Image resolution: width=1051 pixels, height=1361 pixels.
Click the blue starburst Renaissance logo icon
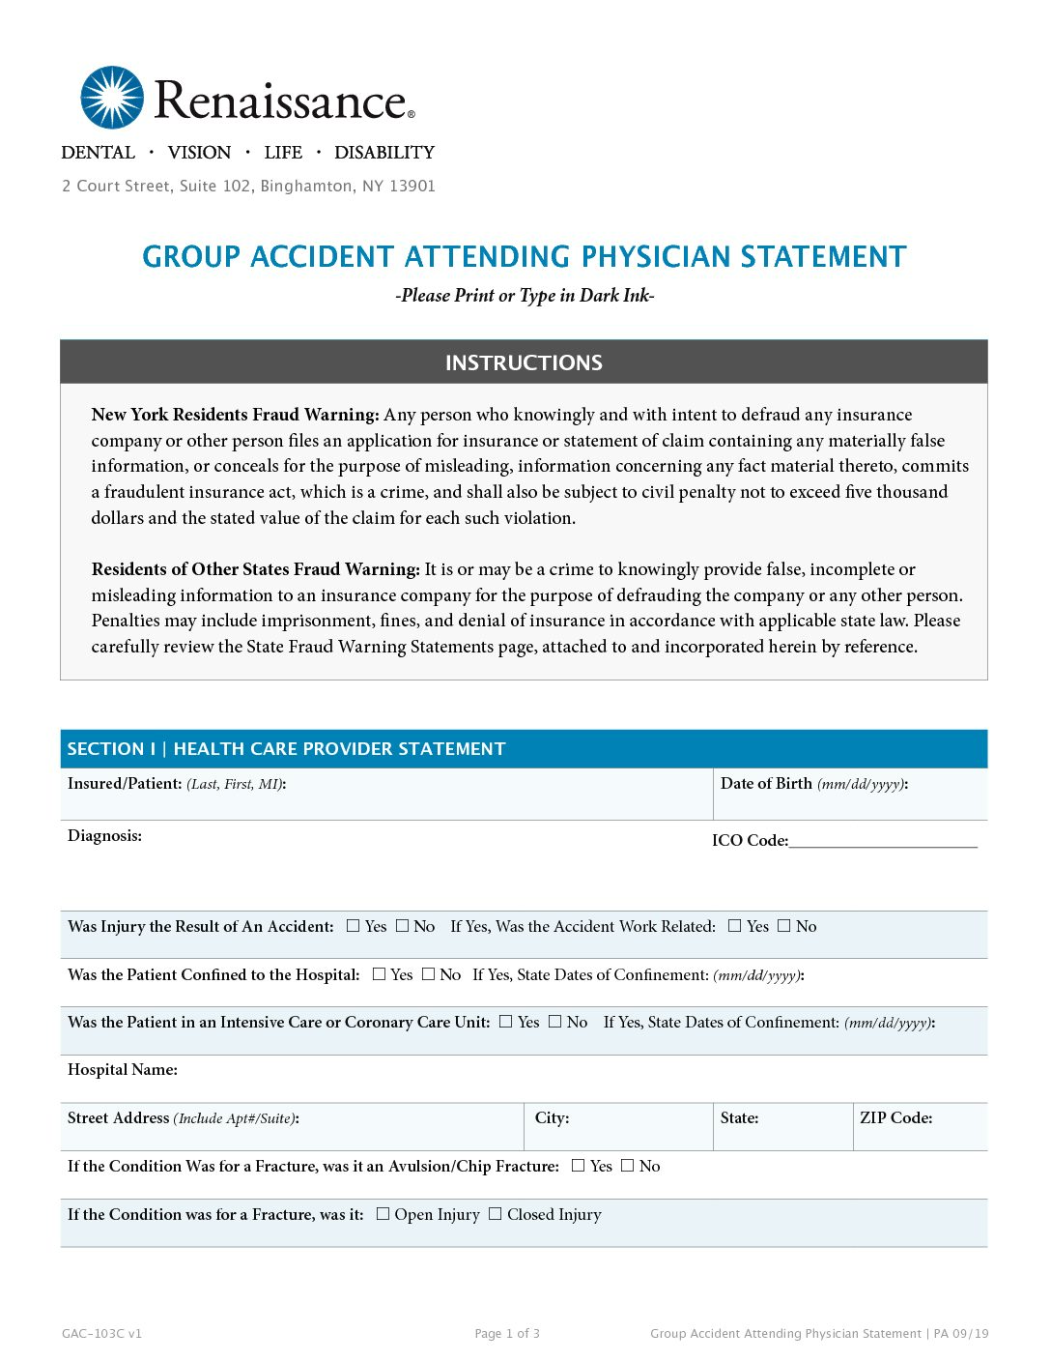tap(112, 98)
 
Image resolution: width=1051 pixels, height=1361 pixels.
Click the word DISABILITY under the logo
tap(384, 153)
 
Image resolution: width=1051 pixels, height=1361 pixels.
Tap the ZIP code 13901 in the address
tap(412, 186)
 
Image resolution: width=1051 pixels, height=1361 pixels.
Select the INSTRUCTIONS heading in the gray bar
tap(524, 362)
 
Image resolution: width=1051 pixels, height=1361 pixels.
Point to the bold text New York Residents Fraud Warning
tap(235, 415)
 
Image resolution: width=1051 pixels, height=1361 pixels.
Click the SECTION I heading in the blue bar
tap(286, 749)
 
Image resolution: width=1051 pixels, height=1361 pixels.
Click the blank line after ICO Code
tap(883, 840)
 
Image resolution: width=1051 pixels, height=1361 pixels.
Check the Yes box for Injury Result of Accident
tap(354, 926)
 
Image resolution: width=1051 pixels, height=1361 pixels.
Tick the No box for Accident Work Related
tap(784, 926)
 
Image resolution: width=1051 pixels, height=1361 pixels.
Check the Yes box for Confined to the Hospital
tap(380, 974)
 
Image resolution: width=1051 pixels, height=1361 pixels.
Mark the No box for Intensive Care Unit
tap(555, 1022)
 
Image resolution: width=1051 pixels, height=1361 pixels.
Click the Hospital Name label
tap(123, 1070)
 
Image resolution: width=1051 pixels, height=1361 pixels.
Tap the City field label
tap(552, 1118)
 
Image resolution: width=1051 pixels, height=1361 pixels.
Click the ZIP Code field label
tap(895, 1118)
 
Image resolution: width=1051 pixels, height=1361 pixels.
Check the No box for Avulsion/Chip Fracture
tap(628, 1166)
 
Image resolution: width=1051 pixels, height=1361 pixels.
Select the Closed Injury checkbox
tap(496, 1214)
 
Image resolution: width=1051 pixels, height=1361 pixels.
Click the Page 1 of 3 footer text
tap(507, 1334)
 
